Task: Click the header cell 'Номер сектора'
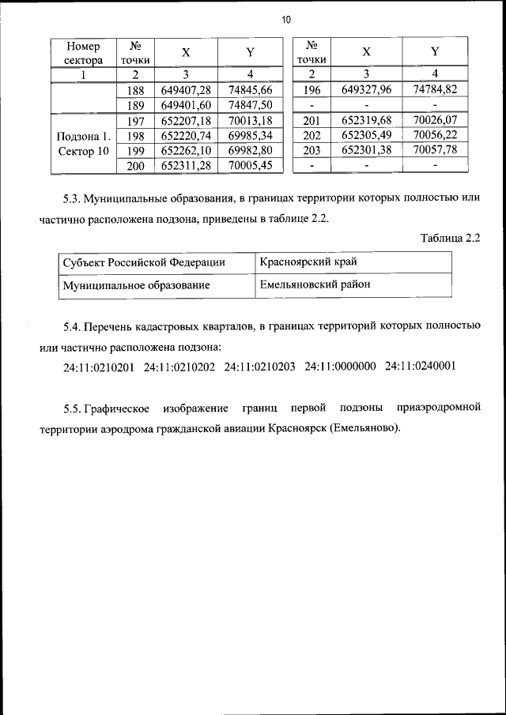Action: click(83, 53)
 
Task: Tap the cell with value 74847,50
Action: click(250, 105)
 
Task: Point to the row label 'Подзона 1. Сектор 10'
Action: click(83, 143)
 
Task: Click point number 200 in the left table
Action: click(135, 165)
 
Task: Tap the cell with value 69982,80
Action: click(250, 150)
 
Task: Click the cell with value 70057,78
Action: click(435, 150)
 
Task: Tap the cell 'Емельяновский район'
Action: click(315, 284)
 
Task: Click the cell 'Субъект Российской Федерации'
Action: click(144, 262)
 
